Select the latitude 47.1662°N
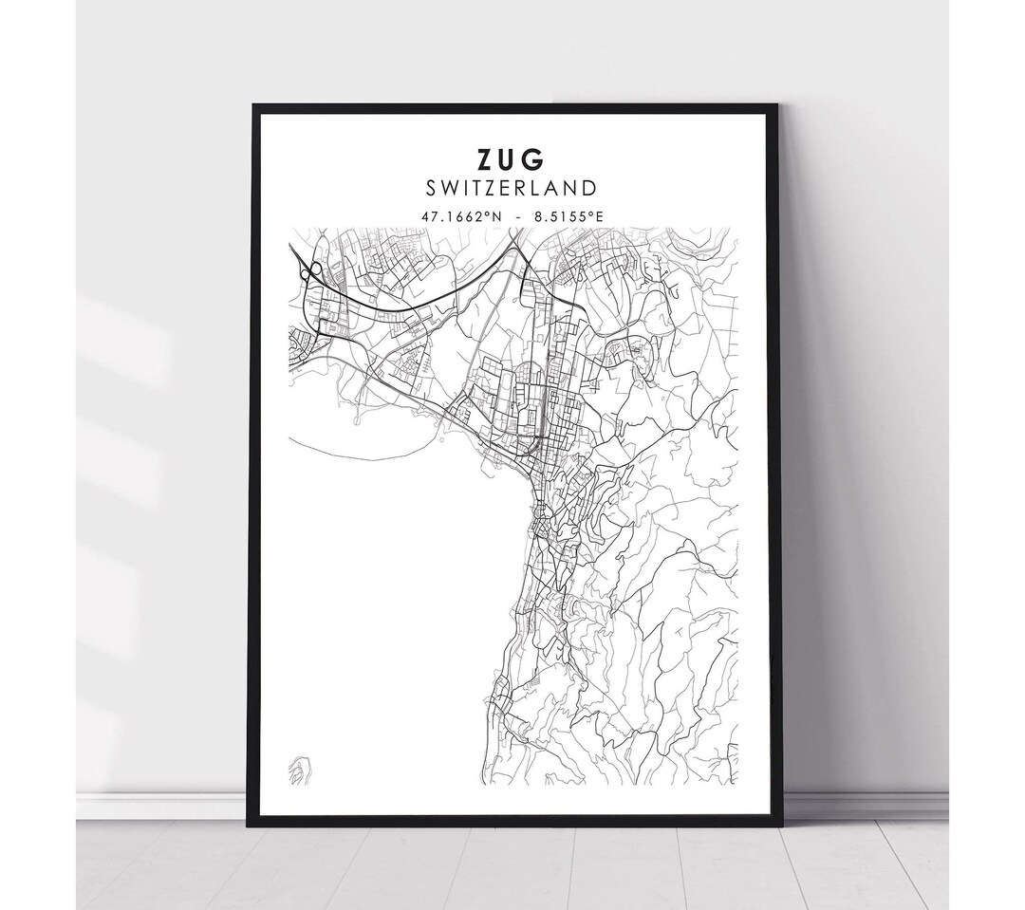coord(462,216)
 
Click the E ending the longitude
coord(599,216)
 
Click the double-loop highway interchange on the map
coord(309,273)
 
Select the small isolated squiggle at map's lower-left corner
coord(299,767)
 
